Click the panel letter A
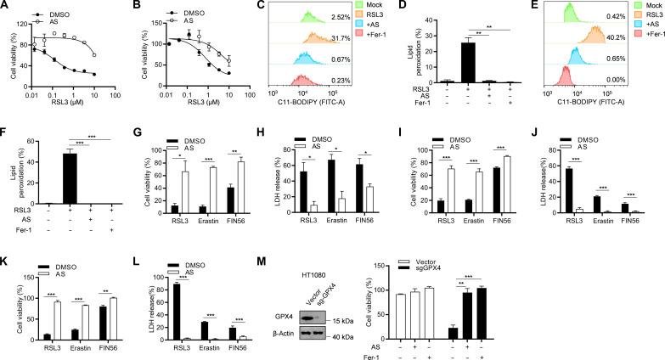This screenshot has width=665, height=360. pos(5,7)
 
